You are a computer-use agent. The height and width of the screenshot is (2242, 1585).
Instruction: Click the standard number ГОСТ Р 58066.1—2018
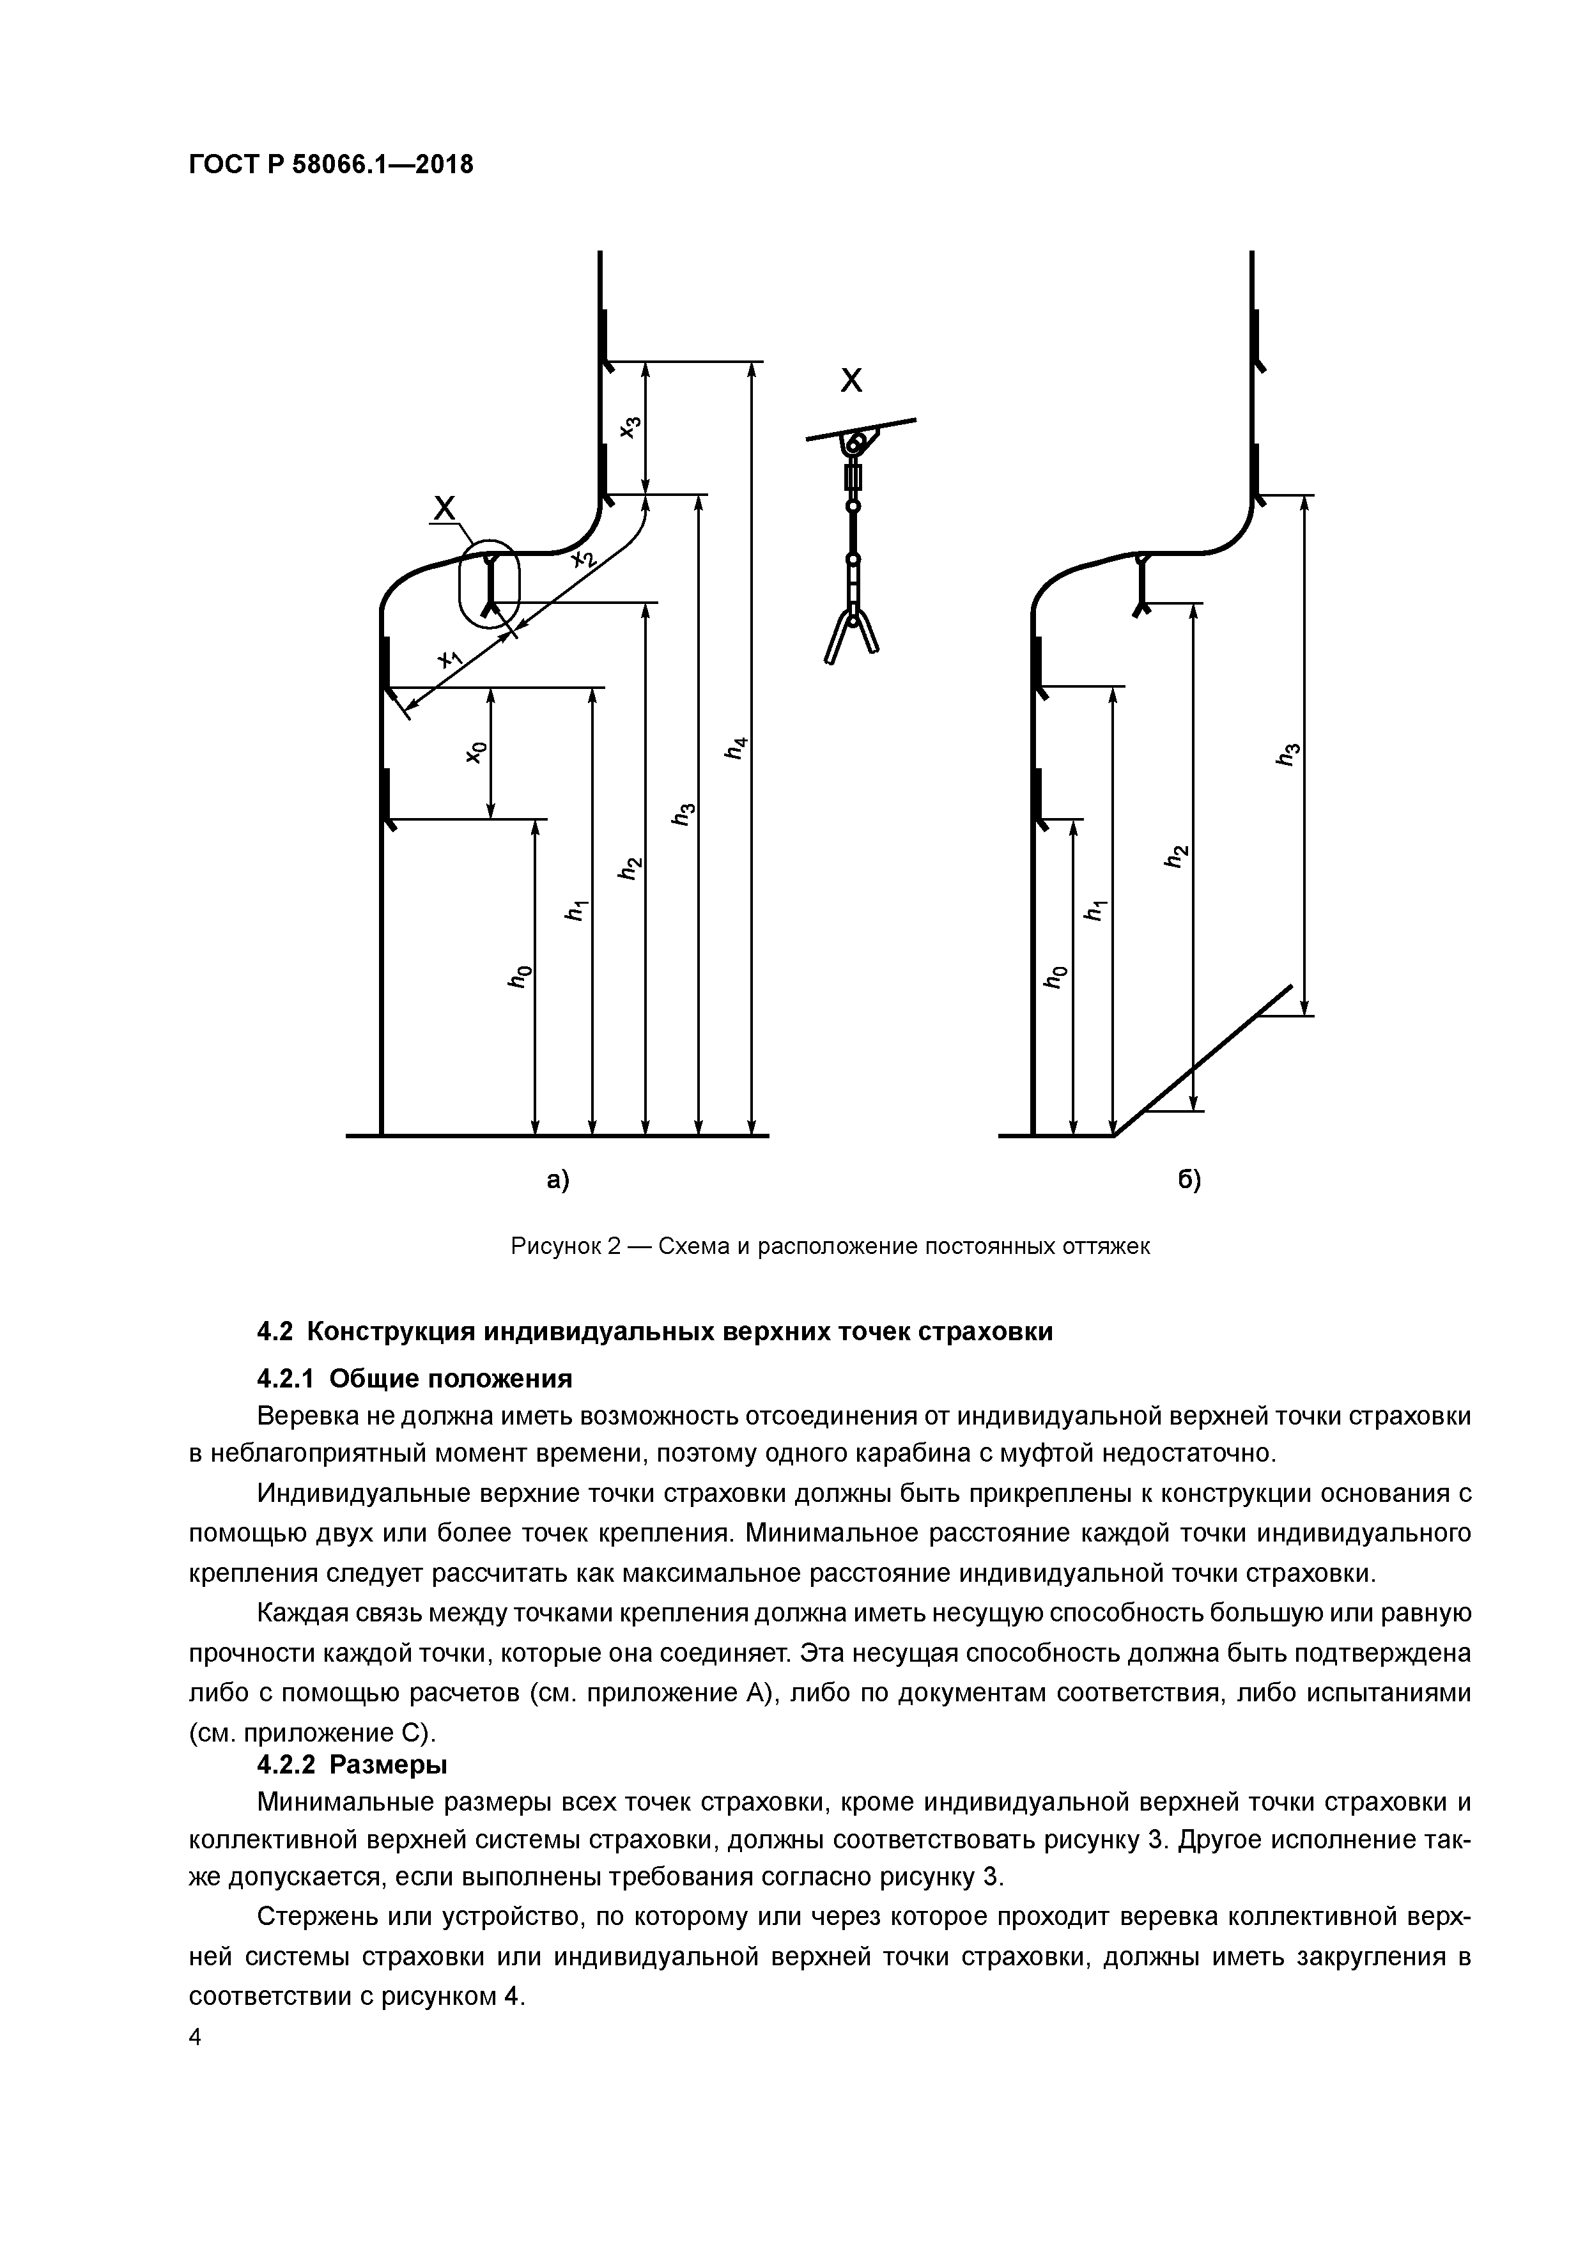click(x=330, y=165)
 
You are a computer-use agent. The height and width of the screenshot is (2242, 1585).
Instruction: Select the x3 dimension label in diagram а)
click(x=631, y=427)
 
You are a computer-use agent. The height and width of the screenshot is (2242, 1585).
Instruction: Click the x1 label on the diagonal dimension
click(x=450, y=660)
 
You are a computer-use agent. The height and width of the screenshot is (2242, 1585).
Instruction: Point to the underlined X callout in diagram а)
click(x=444, y=507)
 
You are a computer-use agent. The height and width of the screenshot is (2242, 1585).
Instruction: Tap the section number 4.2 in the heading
click(x=276, y=1332)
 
